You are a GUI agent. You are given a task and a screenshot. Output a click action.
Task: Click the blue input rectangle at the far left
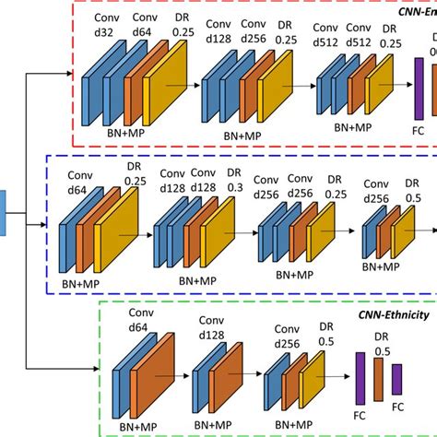click(3, 210)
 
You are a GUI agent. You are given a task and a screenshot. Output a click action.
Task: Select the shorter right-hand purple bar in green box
click(397, 381)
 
